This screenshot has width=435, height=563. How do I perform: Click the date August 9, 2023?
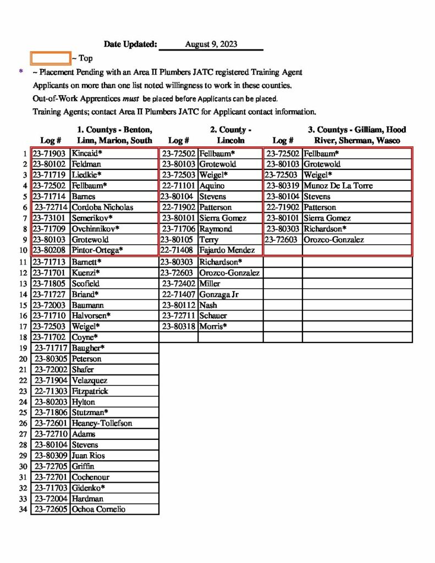click(211, 45)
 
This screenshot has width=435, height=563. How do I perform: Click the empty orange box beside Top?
click(50, 58)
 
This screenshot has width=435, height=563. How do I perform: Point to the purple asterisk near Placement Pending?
click(21, 71)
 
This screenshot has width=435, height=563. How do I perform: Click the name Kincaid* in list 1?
click(87, 153)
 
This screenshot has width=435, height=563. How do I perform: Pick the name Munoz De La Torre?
click(338, 186)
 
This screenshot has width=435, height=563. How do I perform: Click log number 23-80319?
click(283, 186)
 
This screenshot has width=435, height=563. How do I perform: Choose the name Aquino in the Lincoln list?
click(212, 186)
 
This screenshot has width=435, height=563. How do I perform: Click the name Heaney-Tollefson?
click(102, 423)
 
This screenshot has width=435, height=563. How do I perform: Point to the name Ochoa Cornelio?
click(98, 509)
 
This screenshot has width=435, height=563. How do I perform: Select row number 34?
click(23, 509)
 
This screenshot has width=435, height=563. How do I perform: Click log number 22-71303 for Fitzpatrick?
click(51, 391)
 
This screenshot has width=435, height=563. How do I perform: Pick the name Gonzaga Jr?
click(219, 294)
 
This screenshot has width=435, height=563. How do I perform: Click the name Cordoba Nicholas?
click(102, 207)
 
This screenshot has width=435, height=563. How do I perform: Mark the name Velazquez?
click(90, 380)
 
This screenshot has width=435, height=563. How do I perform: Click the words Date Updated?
click(130, 45)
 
